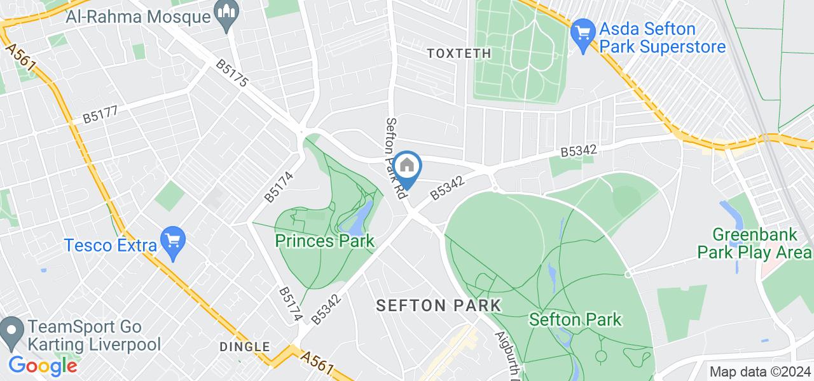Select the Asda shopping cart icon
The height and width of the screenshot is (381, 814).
[582, 29]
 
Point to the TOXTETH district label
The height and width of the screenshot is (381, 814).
[459, 53]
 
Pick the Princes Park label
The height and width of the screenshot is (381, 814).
[324, 241]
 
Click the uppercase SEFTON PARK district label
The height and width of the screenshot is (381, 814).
[438, 305]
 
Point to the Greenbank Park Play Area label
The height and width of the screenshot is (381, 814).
[754, 243]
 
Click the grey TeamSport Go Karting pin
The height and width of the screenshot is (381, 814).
[10, 333]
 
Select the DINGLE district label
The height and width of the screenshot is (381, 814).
[245, 347]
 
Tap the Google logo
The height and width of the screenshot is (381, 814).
[42, 366]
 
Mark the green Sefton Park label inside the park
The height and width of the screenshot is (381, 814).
[575, 319]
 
